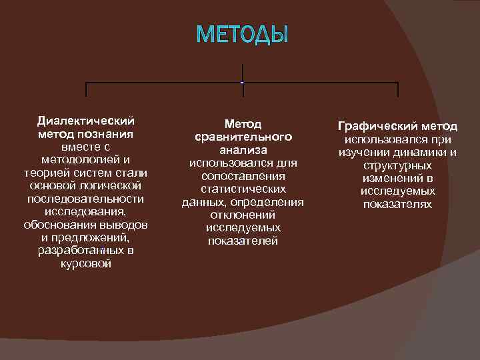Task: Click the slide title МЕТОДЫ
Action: click(x=243, y=34)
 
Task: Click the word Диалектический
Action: click(x=85, y=121)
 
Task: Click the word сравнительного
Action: click(x=243, y=137)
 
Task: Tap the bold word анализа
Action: click(x=243, y=151)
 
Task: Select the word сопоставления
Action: click(x=243, y=176)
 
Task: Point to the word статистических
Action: click(x=243, y=189)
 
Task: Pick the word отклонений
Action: click(x=243, y=215)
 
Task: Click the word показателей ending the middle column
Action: click(x=243, y=241)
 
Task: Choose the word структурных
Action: click(x=397, y=165)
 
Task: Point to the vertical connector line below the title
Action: click(x=242, y=72)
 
